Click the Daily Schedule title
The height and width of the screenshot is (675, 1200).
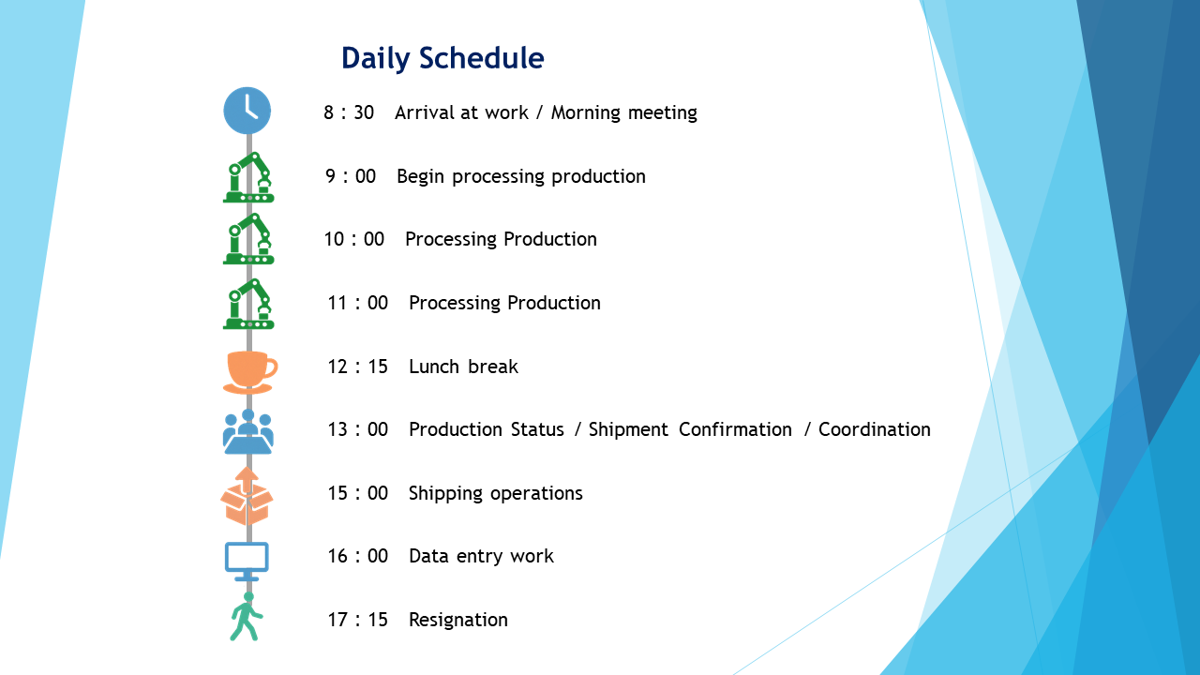point(442,58)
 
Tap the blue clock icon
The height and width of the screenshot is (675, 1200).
point(247,111)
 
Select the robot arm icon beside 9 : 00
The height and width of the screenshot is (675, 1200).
point(248,177)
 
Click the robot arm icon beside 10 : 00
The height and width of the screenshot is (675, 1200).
point(248,239)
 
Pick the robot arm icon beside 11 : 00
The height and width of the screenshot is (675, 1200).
point(248,304)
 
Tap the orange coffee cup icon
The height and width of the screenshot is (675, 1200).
point(250,372)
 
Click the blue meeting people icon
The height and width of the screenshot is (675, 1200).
point(248,431)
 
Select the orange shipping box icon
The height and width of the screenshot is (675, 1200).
point(247,496)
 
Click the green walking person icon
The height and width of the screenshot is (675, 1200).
point(247,617)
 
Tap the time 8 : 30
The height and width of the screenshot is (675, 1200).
point(349,112)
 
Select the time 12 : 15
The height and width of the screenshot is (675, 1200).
point(357,367)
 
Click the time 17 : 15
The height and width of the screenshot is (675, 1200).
point(357,620)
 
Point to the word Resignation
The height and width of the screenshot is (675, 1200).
point(458,621)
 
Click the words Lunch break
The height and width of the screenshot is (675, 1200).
point(463,367)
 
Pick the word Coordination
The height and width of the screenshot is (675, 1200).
point(875,429)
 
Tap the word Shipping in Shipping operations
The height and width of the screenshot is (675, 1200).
point(445,494)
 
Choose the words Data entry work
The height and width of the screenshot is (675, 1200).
point(481,557)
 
